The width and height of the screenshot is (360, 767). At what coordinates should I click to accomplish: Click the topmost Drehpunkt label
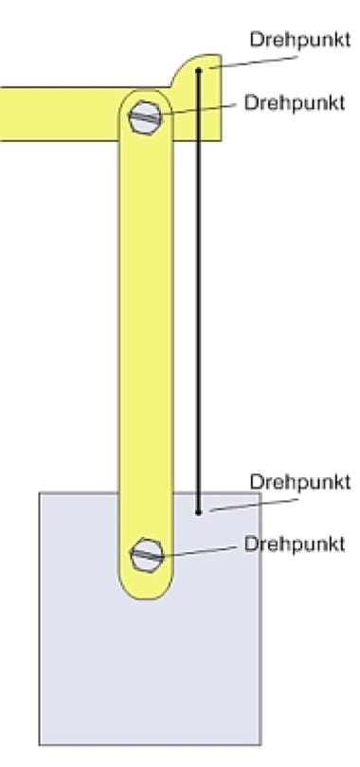[299, 40]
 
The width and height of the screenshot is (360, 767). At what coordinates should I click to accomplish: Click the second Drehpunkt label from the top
[295, 102]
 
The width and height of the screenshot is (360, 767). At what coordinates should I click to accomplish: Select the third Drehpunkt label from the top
[299, 482]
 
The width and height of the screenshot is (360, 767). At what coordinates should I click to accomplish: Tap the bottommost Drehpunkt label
[295, 544]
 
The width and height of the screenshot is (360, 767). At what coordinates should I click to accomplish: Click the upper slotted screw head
[146, 116]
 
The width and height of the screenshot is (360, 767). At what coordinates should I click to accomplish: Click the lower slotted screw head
[147, 555]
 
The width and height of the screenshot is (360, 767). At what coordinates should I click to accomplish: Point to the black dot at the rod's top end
[198, 71]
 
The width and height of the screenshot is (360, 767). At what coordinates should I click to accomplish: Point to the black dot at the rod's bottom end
[198, 512]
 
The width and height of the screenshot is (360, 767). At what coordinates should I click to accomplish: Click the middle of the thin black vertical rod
[199, 292]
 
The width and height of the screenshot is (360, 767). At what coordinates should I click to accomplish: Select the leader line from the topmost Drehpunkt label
[253, 62]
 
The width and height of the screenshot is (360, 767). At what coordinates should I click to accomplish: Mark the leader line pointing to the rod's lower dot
[253, 506]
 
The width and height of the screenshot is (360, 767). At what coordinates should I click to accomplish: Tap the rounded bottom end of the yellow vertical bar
[146, 587]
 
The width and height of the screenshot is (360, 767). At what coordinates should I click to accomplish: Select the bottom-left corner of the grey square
[40, 744]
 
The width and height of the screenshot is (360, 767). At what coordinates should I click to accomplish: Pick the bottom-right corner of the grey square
[261, 744]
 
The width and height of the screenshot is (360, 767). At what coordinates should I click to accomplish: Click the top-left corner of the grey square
[40, 492]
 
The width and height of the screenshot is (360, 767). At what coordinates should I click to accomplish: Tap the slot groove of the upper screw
[146, 117]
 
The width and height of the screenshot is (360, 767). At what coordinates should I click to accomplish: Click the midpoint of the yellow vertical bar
[146, 345]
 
